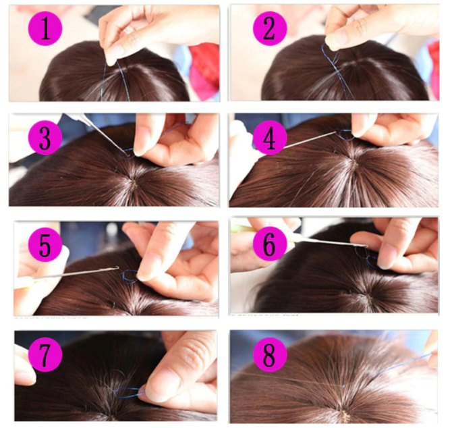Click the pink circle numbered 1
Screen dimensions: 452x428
point(45,28)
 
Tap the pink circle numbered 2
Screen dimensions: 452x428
point(270,28)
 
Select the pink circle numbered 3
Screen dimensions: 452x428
point(45,138)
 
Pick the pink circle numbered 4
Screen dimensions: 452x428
point(270,138)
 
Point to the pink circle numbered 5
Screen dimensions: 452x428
point(45,245)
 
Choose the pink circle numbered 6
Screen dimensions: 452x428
point(270,245)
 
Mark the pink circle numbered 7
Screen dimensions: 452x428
point(45,355)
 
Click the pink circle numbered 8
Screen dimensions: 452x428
point(270,355)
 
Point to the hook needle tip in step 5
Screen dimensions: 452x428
point(118,267)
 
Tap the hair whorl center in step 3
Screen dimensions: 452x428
point(133,182)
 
